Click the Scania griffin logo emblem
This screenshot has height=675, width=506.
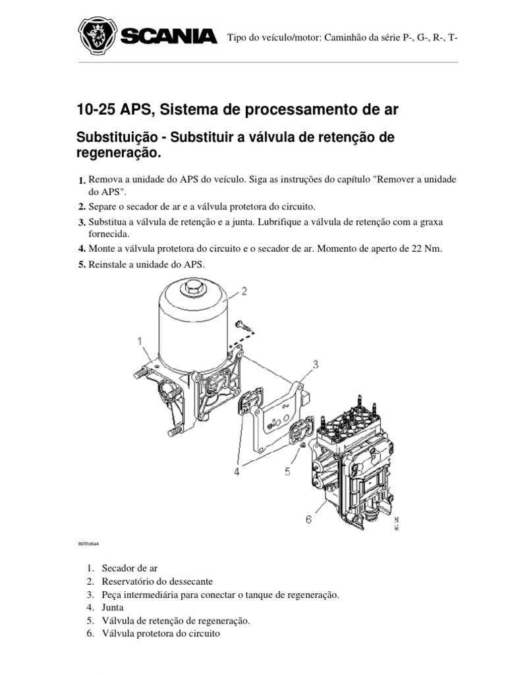tap(98, 36)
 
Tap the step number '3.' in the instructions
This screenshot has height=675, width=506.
tap(82, 222)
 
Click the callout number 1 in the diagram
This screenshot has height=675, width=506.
tap(140, 341)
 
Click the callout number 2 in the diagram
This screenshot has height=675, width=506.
tap(244, 290)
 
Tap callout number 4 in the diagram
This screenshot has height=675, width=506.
tap(237, 471)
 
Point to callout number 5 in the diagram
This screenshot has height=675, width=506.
tap(287, 471)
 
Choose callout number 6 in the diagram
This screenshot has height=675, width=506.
tap(308, 519)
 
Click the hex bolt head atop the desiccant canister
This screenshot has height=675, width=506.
tap(194, 286)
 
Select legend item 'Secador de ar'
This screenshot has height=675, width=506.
tap(130, 568)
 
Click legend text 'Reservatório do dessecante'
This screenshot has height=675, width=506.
tap(156, 581)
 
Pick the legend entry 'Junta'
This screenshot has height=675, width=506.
tap(113, 607)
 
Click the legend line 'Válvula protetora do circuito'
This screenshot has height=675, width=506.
tap(160, 633)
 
